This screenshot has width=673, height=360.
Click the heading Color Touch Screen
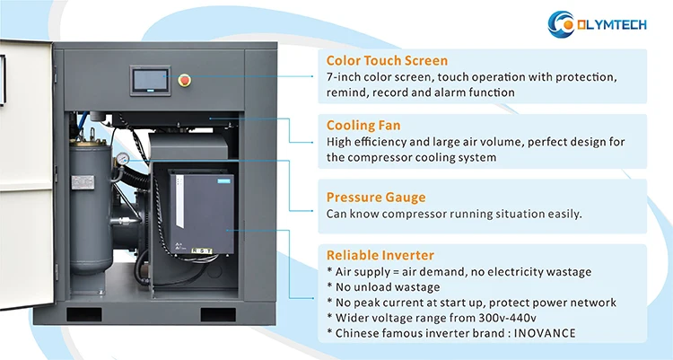click(x=387, y=61)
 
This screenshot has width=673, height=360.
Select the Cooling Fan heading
click(x=363, y=126)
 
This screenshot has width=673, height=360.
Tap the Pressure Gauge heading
click(x=376, y=197)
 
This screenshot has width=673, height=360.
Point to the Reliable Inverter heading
click(x=380, y=255)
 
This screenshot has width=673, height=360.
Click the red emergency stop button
click(x=186, y=77)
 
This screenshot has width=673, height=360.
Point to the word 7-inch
click(x=345, y=77)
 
